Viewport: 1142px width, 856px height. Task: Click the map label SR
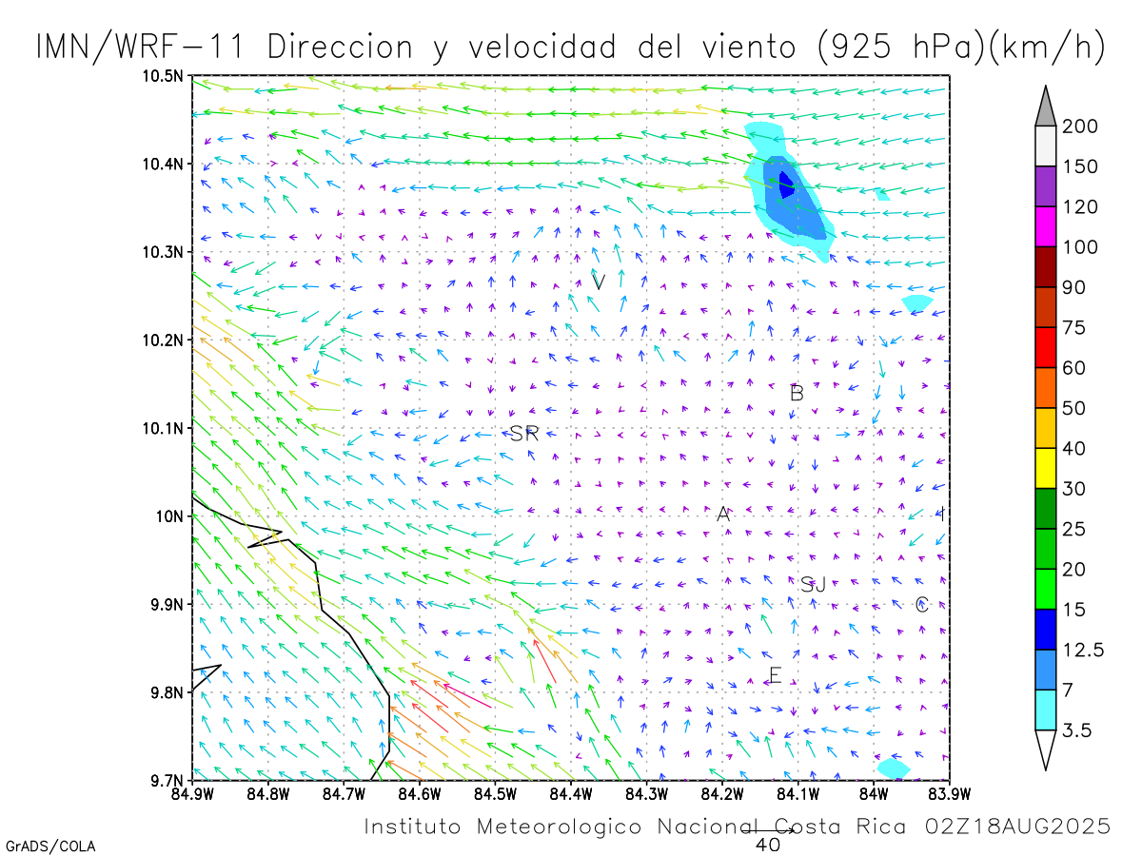coord(524,434)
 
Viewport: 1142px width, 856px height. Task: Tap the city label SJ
coord(813,585)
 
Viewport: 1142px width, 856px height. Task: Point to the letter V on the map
coord(599,282)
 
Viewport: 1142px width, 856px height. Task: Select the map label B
coord(797,393)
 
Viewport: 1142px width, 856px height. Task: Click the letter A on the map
coord(723,515)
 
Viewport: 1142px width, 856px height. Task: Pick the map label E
coord(775,676)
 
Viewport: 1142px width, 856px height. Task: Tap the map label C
coord(921,605)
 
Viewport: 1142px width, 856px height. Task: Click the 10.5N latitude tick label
coord(164,75)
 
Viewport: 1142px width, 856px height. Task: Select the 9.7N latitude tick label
coord(167,781)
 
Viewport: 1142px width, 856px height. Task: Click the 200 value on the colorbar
coord(1080,126)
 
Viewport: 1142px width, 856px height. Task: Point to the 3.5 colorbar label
coord(1077,730)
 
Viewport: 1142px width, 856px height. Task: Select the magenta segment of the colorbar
coord(1045,226)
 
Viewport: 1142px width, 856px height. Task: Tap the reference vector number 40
coord(768,845)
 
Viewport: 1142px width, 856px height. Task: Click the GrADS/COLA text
coord(50,846)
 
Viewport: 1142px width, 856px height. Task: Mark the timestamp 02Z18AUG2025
coord(1016,827)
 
